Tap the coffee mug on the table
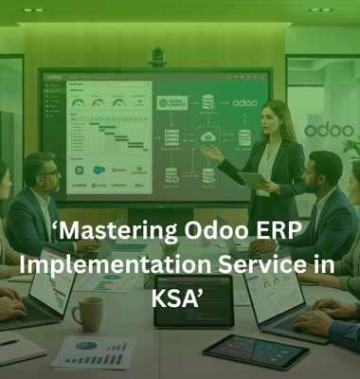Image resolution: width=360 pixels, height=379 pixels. (87, 313)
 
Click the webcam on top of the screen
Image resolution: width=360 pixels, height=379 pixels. (158, 58)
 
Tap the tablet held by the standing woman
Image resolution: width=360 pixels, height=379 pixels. (252, 177)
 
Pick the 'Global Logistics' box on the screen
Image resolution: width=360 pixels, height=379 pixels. (175, 102)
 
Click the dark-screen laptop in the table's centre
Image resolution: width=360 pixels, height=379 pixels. (181, 313)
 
